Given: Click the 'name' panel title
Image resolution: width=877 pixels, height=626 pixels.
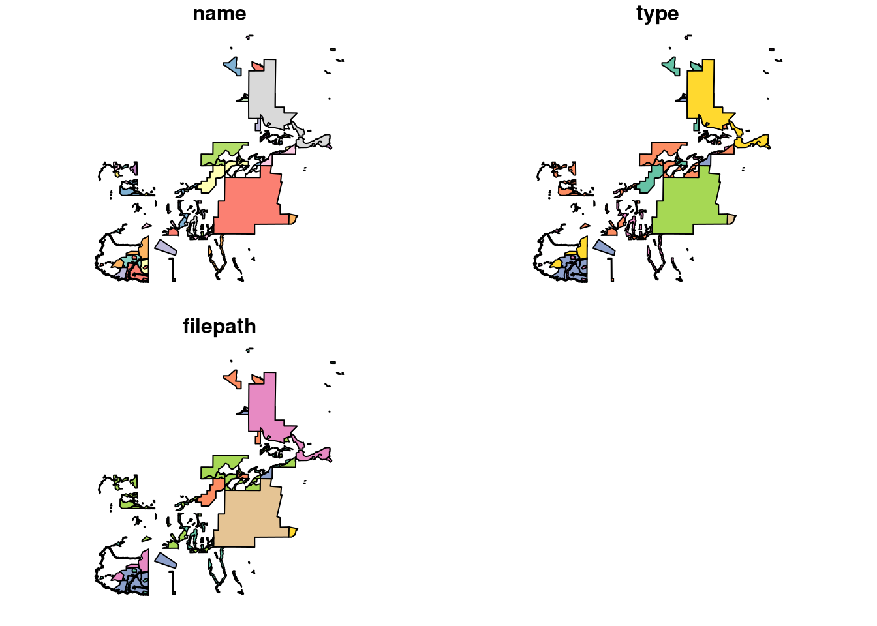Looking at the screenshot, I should (219, 14).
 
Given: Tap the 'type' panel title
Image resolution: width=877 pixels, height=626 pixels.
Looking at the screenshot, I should (657, 14).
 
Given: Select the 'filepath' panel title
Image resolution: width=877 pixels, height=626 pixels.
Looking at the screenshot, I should (219, 326).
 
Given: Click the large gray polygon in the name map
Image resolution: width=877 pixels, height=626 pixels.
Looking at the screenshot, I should (262, 91).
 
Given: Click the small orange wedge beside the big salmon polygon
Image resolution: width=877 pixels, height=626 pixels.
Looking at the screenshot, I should (293, 218).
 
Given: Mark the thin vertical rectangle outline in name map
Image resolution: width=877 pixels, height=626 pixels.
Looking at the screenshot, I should (173, 269).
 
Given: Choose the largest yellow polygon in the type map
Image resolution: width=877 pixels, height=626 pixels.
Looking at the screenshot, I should (701, 91).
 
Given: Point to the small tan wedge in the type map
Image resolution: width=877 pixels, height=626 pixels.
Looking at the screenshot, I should (731, 218).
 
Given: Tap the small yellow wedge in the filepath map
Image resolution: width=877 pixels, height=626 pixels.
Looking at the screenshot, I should (293, 531).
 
